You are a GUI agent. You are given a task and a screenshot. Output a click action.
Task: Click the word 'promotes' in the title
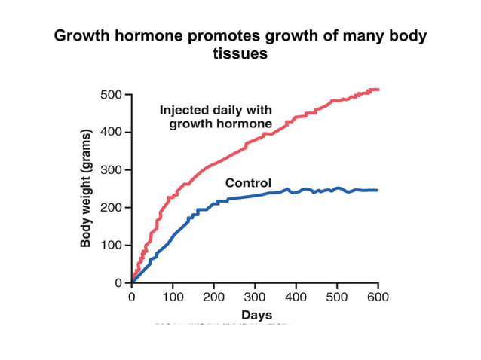pos(219,36)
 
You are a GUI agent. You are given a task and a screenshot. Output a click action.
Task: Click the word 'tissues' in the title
pos(241,54)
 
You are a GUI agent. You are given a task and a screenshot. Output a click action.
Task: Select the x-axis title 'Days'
pos(256,314)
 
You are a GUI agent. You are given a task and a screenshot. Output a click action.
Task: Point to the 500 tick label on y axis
pos(112,95)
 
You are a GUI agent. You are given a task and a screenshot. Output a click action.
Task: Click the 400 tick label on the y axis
pos(112,133)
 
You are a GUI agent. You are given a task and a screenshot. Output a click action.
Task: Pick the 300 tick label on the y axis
pos(112,170)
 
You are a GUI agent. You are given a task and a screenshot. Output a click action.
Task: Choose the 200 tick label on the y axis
pos(112,208)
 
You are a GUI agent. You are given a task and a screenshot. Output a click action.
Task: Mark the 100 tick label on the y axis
pos(112,246)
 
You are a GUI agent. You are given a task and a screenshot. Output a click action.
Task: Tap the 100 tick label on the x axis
pos(173,297)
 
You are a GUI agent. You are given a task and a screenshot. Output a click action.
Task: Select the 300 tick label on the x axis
pos(255,297)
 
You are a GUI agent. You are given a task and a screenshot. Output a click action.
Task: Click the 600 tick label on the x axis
pos(377,297)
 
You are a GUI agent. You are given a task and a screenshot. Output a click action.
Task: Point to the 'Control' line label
pos(249,183)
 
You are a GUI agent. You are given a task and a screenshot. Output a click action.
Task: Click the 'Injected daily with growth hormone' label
pos(216,117)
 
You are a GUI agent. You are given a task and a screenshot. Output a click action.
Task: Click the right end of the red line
pos(378,90)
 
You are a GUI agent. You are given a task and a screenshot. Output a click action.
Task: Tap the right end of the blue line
pos(376,190)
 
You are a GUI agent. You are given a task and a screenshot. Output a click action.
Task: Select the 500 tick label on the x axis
pos(336,297)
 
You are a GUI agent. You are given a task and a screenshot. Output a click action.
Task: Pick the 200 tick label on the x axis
pos(214,297)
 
